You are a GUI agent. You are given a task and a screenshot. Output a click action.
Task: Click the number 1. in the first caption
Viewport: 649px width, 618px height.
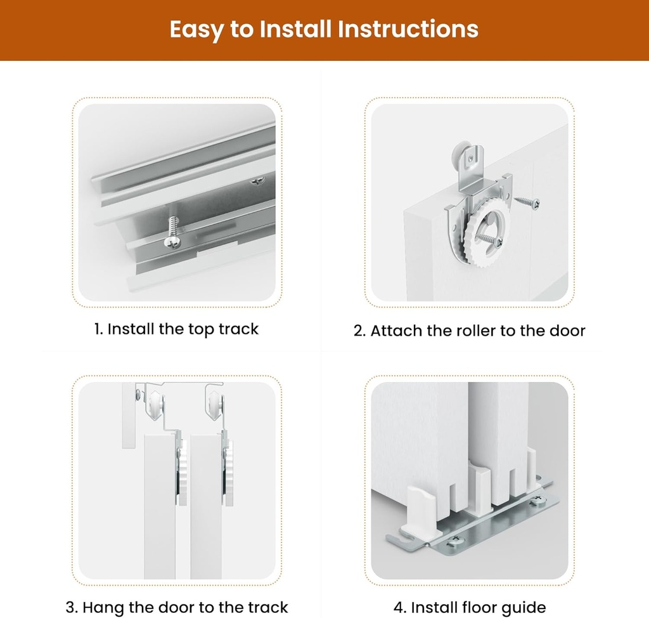tap(99, 329)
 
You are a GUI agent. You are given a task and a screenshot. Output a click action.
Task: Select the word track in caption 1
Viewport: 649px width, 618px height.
tap(239, 329)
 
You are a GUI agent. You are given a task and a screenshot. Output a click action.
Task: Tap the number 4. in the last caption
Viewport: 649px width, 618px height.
tap(400, 607)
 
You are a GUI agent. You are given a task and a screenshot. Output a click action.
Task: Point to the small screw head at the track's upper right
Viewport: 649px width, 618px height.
tap(258, 182)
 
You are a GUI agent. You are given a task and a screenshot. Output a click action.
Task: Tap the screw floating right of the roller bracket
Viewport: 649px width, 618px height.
tap(527, 202)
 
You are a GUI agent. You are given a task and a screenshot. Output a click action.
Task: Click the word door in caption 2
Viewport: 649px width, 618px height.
tap(569, 331)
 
